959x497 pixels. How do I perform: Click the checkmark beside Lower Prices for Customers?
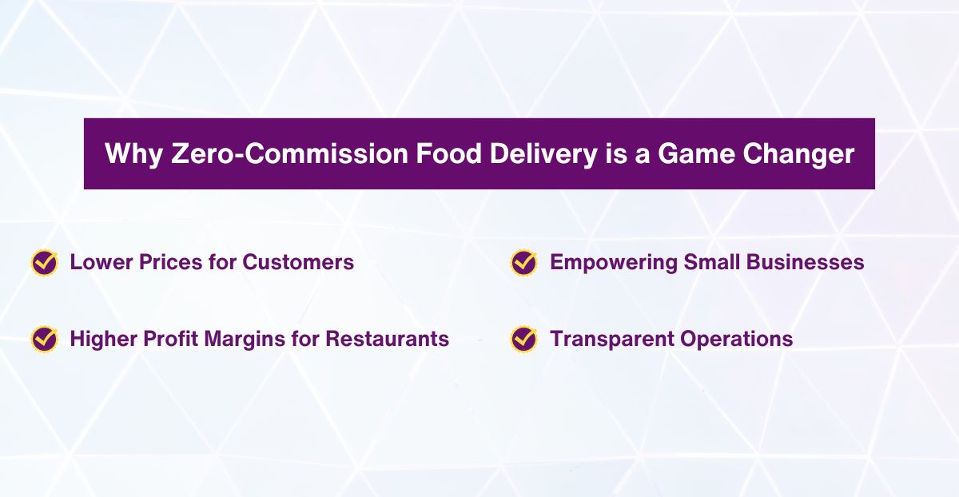tap(45, 262)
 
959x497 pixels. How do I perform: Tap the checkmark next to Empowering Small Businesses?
tap(524, 262)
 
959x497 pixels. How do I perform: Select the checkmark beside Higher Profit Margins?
tap(45, 339)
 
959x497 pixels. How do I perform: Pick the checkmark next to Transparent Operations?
tap(524, 339)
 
